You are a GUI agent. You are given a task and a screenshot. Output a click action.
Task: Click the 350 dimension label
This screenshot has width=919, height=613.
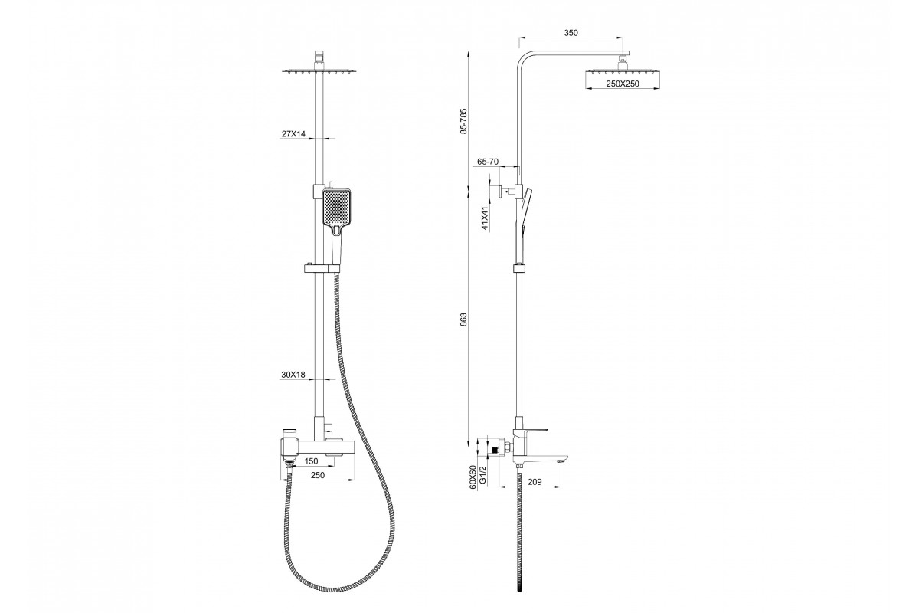point(571,33)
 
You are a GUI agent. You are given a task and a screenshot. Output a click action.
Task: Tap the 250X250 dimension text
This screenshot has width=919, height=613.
point(623,84)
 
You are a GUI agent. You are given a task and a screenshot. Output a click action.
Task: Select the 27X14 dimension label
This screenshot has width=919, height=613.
point(293,134)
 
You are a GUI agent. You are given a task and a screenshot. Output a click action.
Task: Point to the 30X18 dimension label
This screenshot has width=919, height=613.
point(293,375)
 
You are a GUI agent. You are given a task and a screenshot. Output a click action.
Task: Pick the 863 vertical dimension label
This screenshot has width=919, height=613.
point(463,320)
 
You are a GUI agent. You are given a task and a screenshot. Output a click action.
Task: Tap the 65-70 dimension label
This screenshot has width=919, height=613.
point(488,162)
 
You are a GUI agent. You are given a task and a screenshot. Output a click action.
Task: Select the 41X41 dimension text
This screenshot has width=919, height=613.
point(485,218)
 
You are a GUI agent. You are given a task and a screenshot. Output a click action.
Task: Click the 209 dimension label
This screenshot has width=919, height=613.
point(535,482)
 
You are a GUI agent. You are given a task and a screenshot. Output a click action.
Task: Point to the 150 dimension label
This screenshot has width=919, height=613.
point(312,461)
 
